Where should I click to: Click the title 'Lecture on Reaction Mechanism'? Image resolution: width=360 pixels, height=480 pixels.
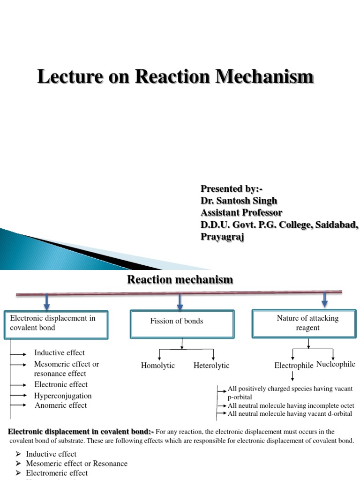click(x=175, y=77)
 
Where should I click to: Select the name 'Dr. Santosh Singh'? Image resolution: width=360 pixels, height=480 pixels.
click(x=239, y=201)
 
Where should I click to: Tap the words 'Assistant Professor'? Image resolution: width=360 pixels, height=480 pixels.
click(x=241, y=213)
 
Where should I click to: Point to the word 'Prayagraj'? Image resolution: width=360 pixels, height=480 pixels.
click(x=223, y=237)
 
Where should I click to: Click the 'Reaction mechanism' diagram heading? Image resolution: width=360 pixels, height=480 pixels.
click(x=180, y=280)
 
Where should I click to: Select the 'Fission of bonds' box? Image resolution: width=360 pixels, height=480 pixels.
click(x=182, y=323)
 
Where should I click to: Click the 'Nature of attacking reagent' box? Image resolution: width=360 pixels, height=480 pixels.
click(x=307, y=323)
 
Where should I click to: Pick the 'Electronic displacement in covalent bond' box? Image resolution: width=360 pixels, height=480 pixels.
click(x=56, y=323)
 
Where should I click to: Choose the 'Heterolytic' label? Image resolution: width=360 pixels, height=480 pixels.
click(x=211, y=366)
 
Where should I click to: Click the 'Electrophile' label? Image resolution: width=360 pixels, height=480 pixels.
click(x=294, y=366)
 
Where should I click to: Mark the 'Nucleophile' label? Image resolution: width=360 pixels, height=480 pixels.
click(x=336, y=364)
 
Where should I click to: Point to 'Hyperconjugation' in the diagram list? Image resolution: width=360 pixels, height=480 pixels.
click(x=63, y=396)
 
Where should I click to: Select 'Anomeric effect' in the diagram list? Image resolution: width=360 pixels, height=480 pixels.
click(x=61, y=405)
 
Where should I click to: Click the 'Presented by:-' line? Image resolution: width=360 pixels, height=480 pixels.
click(x=232, y=189)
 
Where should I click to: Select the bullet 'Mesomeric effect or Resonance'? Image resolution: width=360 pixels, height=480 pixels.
click(x=76, y=464)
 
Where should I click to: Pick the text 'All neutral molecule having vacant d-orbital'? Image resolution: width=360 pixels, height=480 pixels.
click(x=290, y=413)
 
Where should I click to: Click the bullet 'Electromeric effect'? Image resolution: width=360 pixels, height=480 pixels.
click(x=57, y=473)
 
